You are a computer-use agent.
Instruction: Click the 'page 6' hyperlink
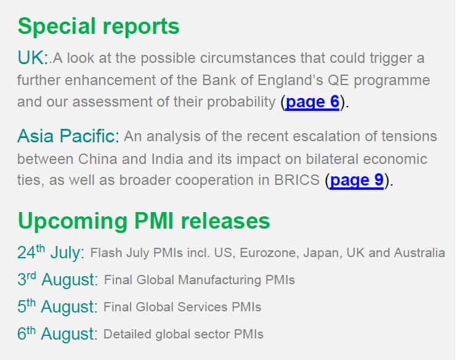312,102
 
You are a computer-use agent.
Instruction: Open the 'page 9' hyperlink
357,180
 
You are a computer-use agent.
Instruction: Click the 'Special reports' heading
99,27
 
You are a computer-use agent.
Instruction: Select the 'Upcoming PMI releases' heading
144,221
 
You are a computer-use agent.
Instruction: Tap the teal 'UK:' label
32,57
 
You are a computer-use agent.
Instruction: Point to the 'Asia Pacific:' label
68,136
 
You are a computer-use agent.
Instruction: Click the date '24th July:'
51,252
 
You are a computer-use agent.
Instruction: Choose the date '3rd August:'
58,279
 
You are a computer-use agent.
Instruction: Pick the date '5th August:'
57,306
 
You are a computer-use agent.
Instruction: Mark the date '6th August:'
57,333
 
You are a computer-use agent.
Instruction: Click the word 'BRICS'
297,180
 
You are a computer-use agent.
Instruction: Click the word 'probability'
241,102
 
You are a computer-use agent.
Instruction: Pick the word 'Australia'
419,253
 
